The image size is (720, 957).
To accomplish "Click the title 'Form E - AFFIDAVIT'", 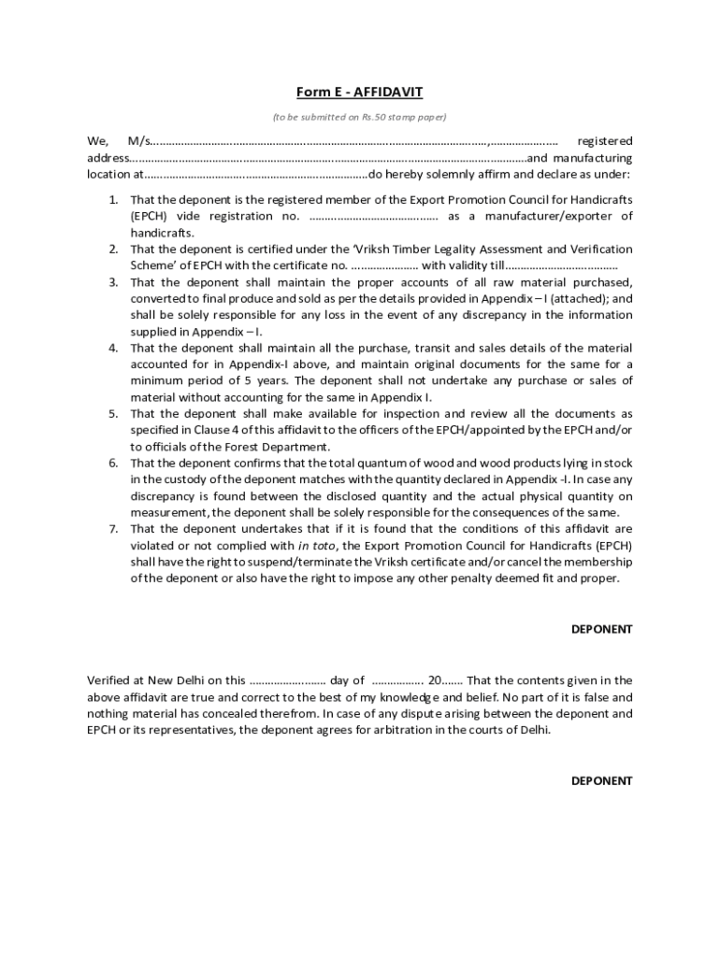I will point(359,92).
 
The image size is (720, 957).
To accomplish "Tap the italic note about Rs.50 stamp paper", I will point(359,117).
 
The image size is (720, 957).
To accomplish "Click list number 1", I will point(113,200).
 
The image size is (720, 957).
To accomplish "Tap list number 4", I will point(113,348).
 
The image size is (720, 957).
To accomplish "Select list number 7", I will point(113,529).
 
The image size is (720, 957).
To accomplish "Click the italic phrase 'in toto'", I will point(319,545).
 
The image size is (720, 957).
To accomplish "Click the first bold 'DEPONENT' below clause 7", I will point(601,629).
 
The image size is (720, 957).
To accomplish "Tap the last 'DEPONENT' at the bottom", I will point(601,780).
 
